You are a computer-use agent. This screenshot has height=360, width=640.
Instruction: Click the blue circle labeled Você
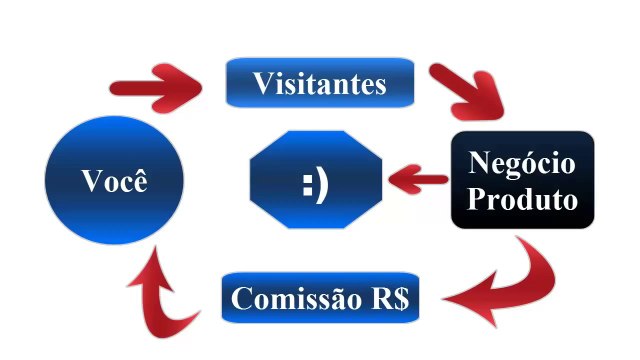116,181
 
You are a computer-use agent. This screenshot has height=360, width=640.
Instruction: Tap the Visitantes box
319,83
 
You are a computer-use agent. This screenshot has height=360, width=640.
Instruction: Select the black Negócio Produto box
522,180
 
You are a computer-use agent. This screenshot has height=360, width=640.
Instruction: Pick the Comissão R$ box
321,298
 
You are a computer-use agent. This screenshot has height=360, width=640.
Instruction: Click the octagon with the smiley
315,182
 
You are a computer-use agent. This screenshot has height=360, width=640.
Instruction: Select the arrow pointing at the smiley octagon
417,181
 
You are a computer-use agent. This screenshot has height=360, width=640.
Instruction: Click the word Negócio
522,163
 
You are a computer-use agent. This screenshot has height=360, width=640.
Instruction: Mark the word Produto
523,198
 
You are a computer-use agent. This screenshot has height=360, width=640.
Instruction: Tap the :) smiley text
315,183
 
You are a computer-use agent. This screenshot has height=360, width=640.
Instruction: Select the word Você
116,182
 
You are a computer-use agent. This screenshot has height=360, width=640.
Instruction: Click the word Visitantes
319,83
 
